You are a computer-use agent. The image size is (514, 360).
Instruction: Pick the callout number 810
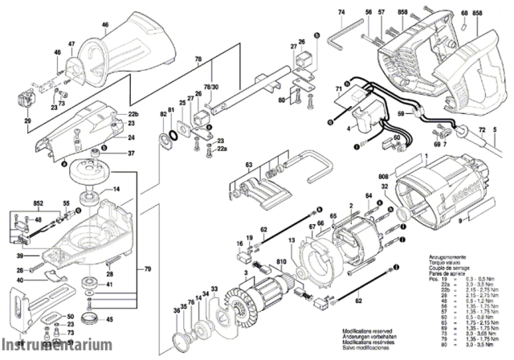tap(281, 263)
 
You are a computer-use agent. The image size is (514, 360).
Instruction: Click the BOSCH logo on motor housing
tap(457, 187)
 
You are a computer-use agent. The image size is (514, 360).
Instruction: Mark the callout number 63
tap(227, 165)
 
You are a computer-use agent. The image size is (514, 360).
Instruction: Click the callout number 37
tap(131, 153)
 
